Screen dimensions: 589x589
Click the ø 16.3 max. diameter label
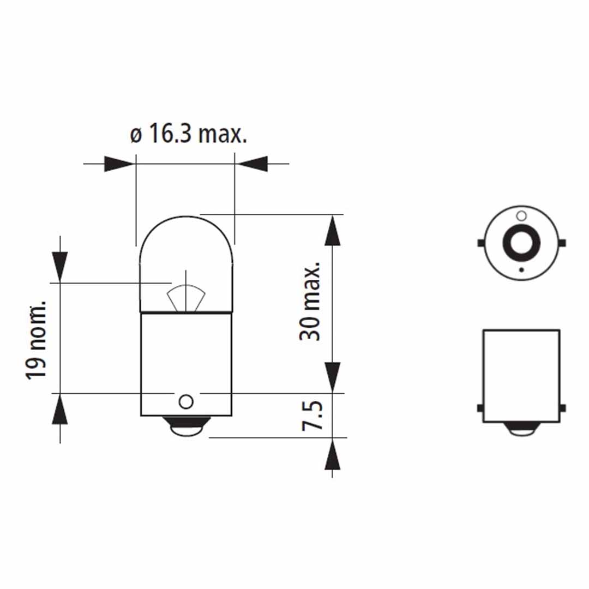pos(188,134)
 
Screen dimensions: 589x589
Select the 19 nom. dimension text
pos(37,340)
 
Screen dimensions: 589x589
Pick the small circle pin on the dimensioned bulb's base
pos(186,402)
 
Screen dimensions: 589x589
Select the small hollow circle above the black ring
pos(521,215)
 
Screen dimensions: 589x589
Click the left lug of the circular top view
pos(480,243)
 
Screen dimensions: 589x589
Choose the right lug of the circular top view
pos(563,243)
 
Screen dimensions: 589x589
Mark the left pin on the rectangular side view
pos(480,408)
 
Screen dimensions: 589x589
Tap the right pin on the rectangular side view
pos(563,408)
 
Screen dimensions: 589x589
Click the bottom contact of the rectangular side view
pos(521,429)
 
